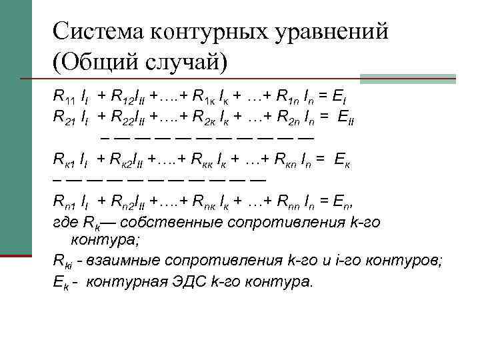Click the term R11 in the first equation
(64, 97)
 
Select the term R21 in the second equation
(64, 118)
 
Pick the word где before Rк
(66, 223)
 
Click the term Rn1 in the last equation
(64, 202)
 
